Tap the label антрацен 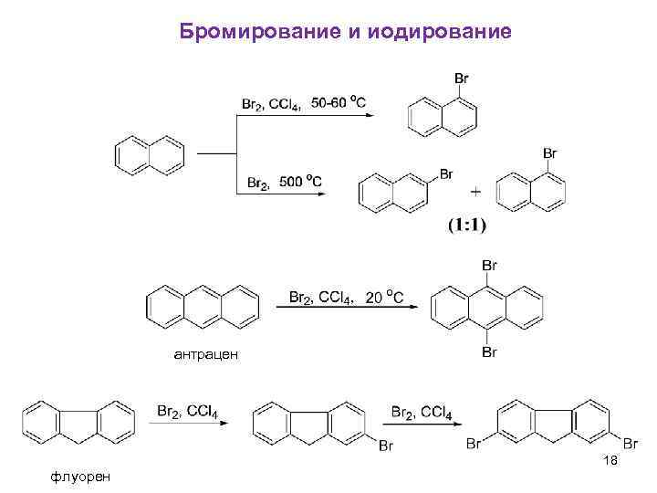205,353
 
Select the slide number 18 610,461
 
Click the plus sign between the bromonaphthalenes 474,193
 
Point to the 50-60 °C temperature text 339,103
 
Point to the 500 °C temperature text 300,182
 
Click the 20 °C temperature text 384,298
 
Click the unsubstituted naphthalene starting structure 151,155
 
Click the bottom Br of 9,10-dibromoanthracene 489,351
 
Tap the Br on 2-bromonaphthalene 446,173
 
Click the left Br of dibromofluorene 474,444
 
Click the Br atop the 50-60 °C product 463,80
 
